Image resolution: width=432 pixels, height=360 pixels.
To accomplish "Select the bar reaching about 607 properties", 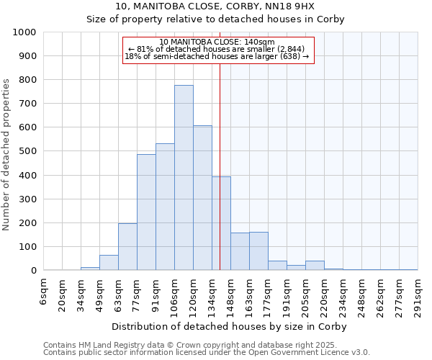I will point(202,198).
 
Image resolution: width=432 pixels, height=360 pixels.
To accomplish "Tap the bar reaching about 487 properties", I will point(146,212).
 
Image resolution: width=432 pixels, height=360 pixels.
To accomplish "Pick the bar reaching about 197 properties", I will point(127,247).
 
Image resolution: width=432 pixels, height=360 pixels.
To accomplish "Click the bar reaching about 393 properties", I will point(221,223).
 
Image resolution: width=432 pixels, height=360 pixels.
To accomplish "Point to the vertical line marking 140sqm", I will point(220,166).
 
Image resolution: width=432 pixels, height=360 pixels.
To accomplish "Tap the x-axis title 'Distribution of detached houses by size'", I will point(230,326).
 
